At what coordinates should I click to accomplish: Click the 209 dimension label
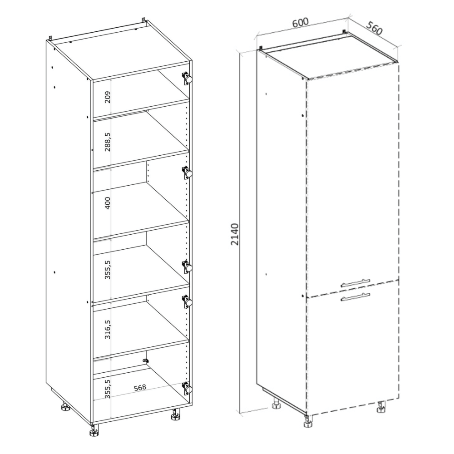(x=108, y=97)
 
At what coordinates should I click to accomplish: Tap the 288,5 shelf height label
(x=108, y=142)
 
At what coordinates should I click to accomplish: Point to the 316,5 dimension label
(x=108, y=329)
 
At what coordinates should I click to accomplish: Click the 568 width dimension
(x=140, y=388)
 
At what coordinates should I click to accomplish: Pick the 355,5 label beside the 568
(x=108, y=389)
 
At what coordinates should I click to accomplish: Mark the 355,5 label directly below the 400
(x=108, y=269)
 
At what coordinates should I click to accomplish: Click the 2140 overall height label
(x=235, y=234)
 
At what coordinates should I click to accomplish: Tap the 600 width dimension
(x=300, y=22)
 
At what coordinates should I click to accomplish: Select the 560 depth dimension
(x=375, y=28)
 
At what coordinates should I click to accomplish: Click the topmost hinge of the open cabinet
(x=187, y=78)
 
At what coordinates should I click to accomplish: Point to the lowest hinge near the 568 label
(x=187, y=388)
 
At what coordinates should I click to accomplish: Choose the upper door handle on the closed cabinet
(x=355, y=283)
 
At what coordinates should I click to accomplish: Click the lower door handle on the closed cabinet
(x=355, y=297)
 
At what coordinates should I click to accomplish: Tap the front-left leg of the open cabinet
(x=94, y=430)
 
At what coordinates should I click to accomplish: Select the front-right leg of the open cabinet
(x=175, y=415)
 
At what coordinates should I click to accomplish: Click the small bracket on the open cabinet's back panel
(x=146, y=361)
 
